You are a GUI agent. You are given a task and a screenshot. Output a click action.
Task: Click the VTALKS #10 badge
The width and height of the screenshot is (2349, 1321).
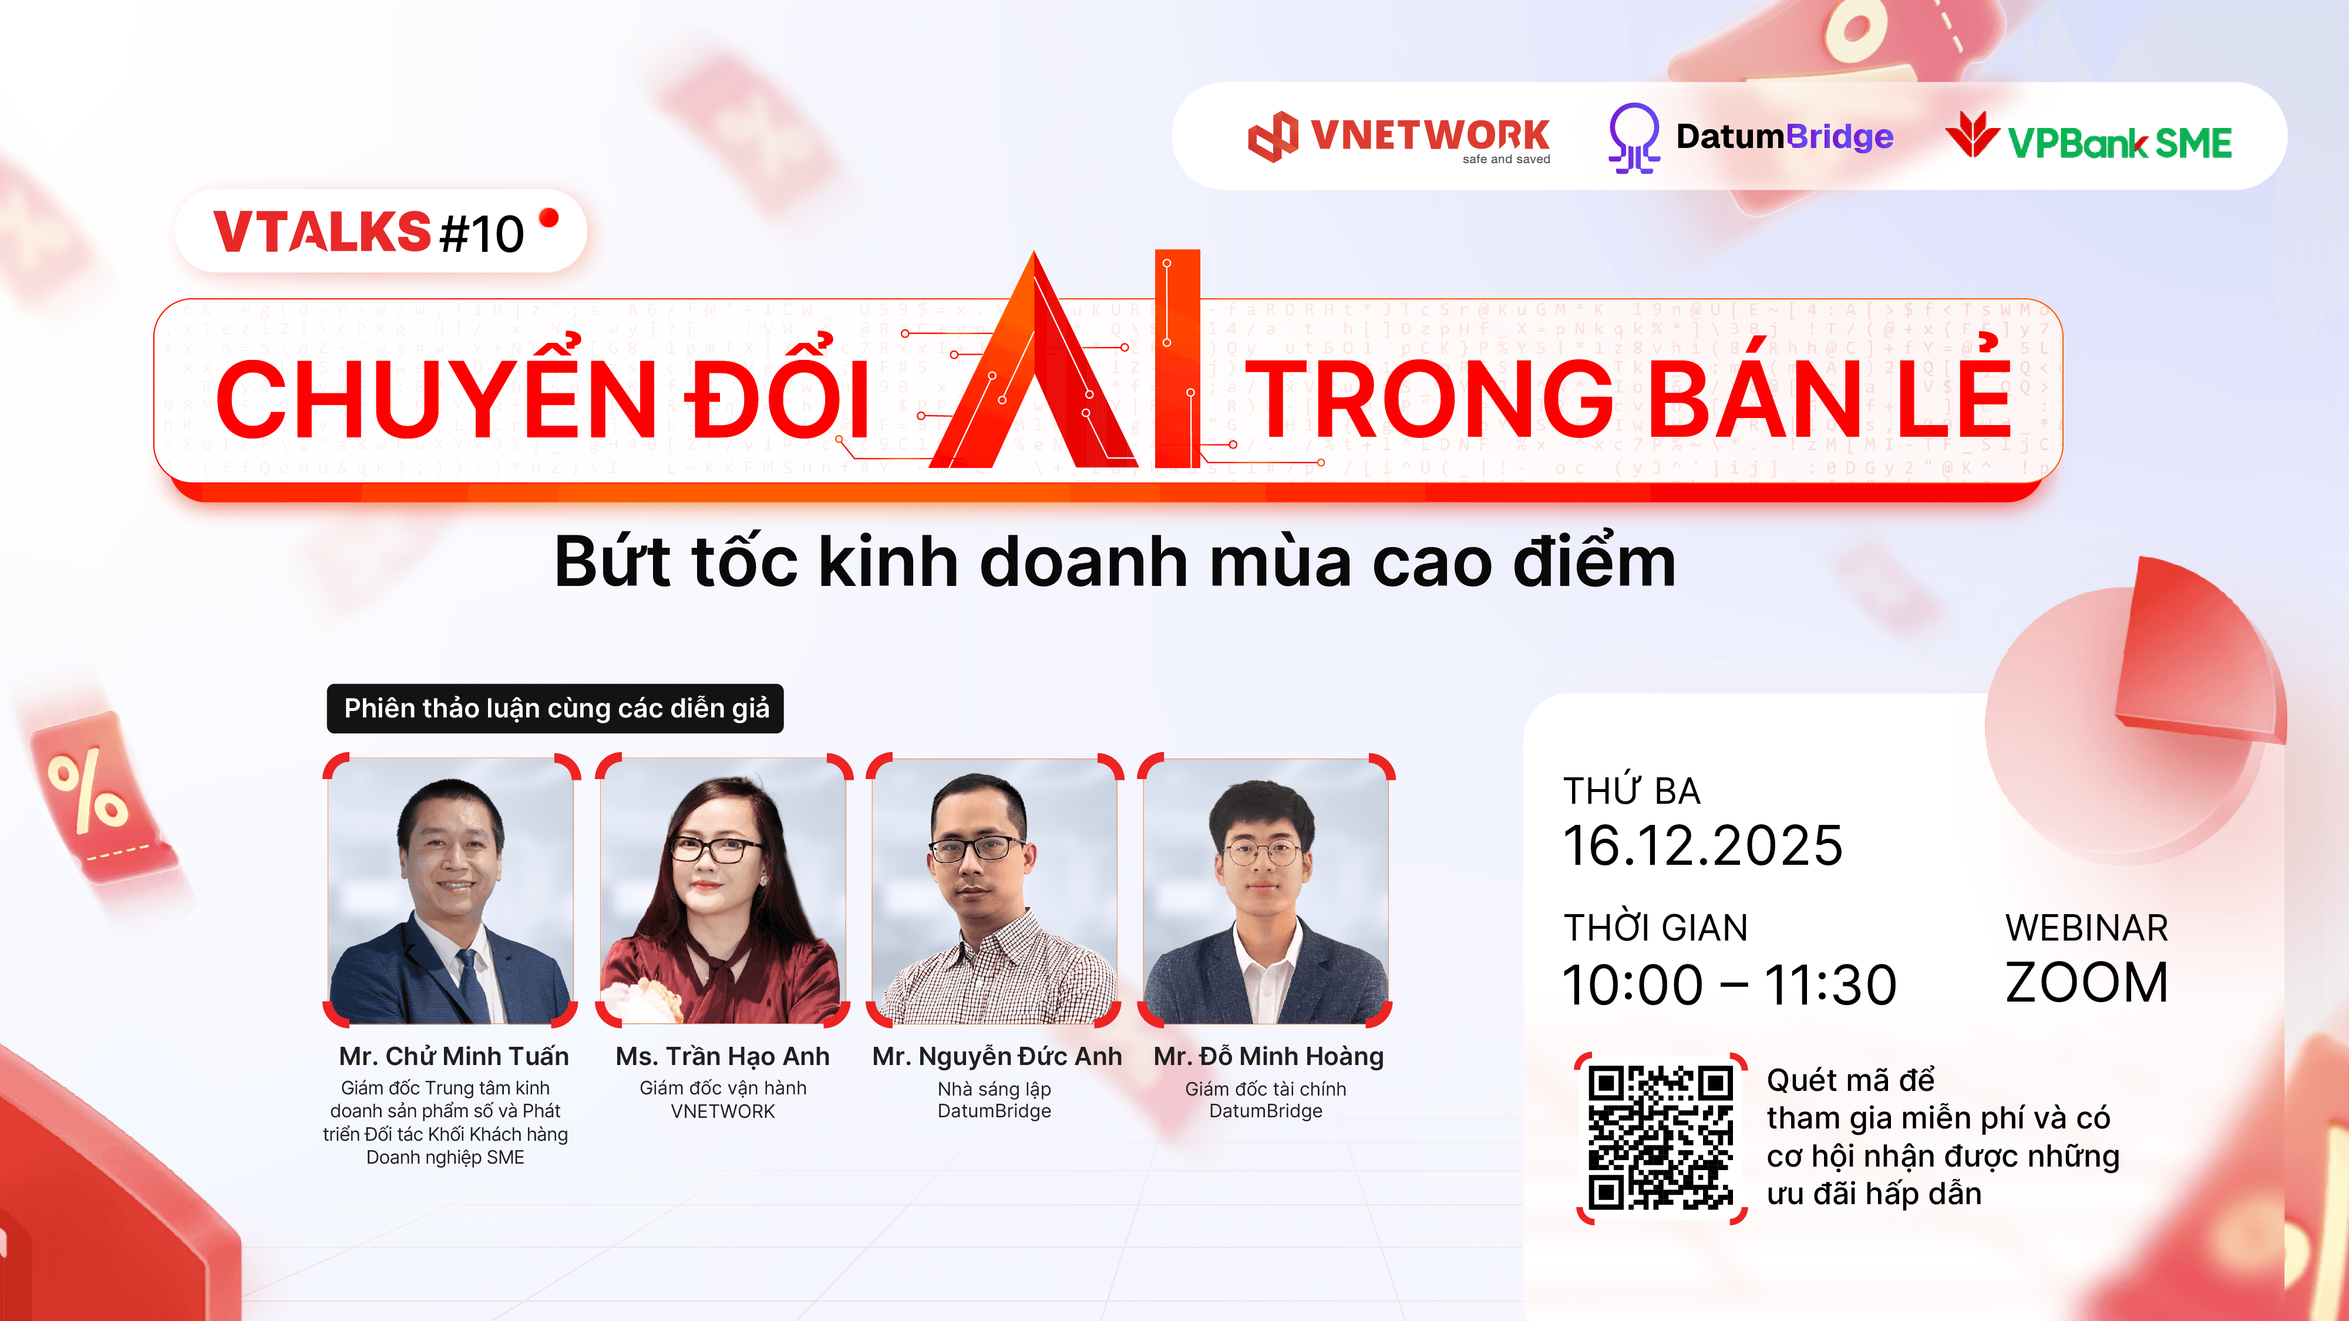point(381,231)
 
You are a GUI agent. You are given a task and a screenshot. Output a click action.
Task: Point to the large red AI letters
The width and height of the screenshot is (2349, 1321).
point(1064,359)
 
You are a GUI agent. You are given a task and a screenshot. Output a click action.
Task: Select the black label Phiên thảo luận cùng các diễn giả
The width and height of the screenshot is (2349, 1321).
point(556,709)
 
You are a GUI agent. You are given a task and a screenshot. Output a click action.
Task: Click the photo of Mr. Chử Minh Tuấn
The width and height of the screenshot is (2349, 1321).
point(450,890)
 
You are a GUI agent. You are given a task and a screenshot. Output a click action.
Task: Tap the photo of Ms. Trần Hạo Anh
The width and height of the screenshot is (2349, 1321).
point(723,890)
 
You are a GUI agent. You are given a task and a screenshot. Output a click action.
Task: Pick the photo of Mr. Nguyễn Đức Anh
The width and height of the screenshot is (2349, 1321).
point(995,890)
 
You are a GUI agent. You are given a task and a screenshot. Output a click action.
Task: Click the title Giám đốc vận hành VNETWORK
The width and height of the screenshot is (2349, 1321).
point(723,1100)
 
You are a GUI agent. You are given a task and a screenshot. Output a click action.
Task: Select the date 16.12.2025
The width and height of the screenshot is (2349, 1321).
point(1702,845)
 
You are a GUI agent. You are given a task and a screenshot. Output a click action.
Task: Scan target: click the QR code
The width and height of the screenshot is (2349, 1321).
point(1661,1138)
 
